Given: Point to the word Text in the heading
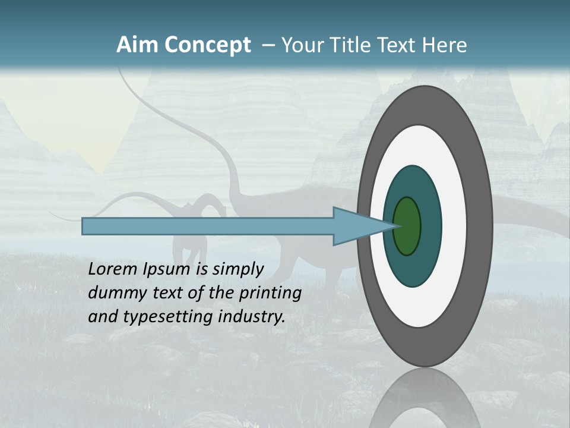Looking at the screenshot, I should (x=394, y=45).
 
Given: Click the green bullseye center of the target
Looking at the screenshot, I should (x=407, y=226).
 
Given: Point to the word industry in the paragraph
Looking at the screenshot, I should (x=252, y=317).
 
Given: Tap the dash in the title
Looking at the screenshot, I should (x=267, y=45).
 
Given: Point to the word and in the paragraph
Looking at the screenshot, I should (x=102, y=317).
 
